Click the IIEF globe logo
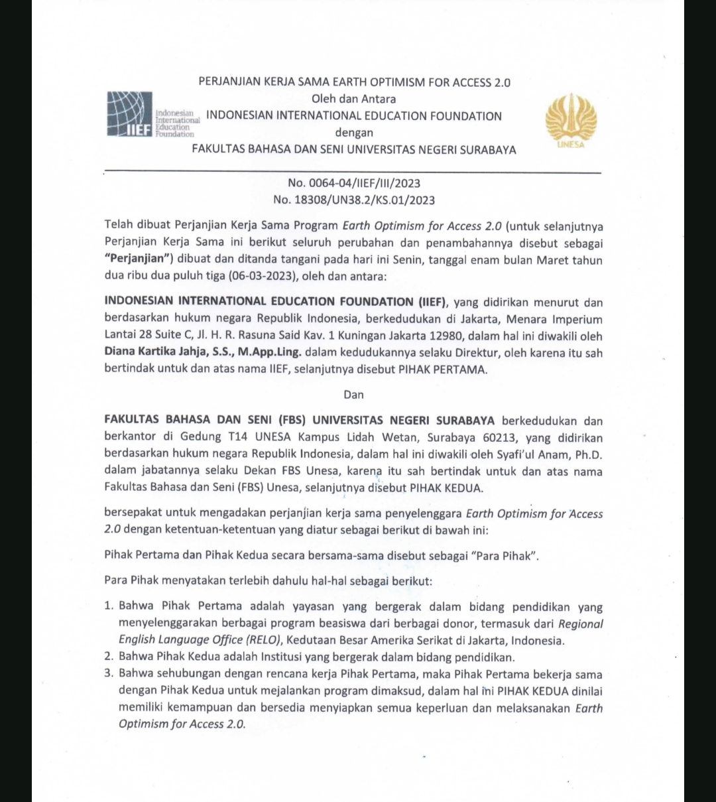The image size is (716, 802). click(x=130, y=115)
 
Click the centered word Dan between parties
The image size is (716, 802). click(x=353, y=394)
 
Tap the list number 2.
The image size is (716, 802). click(x=109, y=657)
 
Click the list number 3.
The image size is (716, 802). click(x=109, y=675)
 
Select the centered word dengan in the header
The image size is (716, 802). click(x=353, y=133)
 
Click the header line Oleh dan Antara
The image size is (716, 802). click(x=353, y=100)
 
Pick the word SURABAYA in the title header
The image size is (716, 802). click(x=485, y=150)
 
